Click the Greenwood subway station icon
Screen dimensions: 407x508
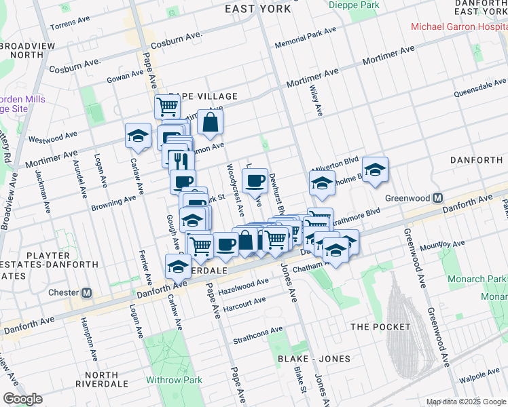438,199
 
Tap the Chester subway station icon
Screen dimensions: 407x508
87,293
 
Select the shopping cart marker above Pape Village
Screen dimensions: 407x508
167,106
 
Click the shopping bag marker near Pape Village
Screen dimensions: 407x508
211,122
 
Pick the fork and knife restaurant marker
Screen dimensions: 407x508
179,161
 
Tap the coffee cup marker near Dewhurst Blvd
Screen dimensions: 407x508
255,180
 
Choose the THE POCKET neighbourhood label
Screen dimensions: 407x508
380,327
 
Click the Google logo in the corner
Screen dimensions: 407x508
22,399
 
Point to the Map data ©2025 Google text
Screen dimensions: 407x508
466,402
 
